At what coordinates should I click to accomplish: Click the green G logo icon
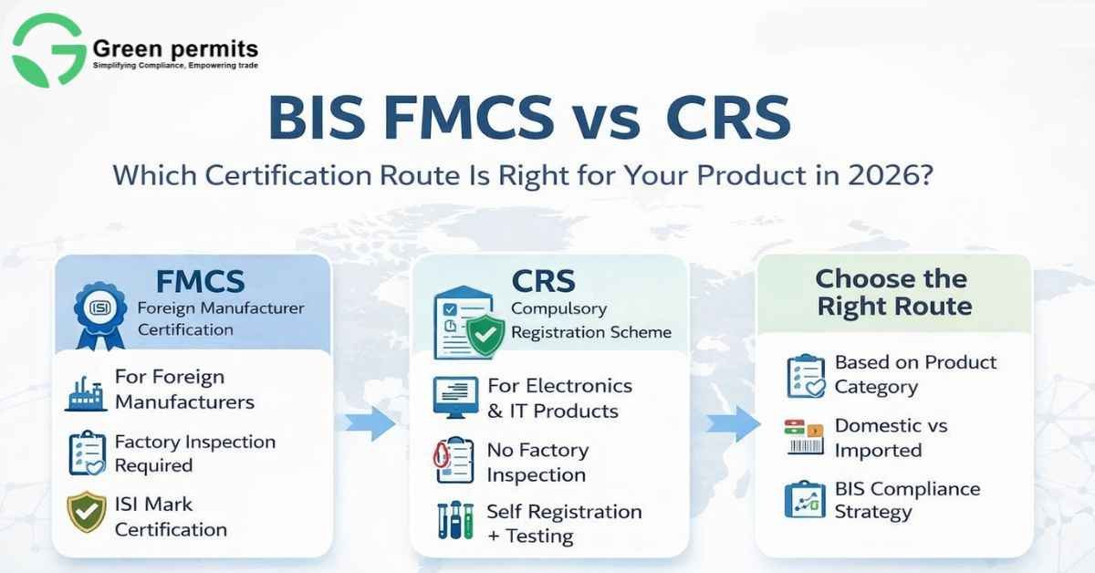pyautogui.click(x=47, y=49)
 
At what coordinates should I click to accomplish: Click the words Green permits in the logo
pyautogui.click(x=175, y=47)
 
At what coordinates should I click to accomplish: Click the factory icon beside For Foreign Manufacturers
pyautogui.click(x=86, y=390)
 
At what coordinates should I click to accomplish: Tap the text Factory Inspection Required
pyautogui.click(x=193, y=453)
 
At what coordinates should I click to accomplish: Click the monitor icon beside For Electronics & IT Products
pyautogui.click(x=453, y=398)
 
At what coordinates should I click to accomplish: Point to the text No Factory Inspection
pyautogui.click(x=537, y=463)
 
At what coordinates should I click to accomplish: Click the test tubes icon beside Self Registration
pyautogui.click(x=454, y=523)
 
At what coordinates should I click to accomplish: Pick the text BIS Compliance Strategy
pyautogui.click(x=906, y=500)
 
